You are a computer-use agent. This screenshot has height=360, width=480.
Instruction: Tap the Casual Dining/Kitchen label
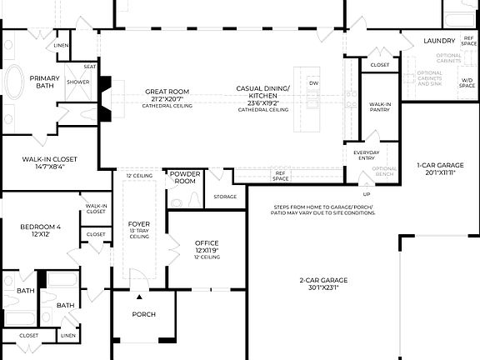tap(262, 93)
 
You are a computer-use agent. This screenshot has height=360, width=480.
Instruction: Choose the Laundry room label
tap(439, 40)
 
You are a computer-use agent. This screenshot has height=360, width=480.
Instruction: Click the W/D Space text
tap(467, 82)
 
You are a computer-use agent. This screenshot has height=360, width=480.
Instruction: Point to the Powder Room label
tap(183, 177)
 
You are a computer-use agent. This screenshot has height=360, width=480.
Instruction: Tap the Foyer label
tap(138, 225)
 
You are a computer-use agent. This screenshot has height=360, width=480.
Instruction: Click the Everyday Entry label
tap(366, 157)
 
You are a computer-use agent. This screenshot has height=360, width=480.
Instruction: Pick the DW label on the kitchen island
tap(312, 83)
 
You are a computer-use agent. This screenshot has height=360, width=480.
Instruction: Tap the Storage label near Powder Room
tap(225, 197)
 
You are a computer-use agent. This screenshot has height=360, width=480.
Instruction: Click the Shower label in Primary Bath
tap(78, 82)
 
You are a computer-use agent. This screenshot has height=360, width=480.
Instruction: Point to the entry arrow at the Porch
tap(139, 296)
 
